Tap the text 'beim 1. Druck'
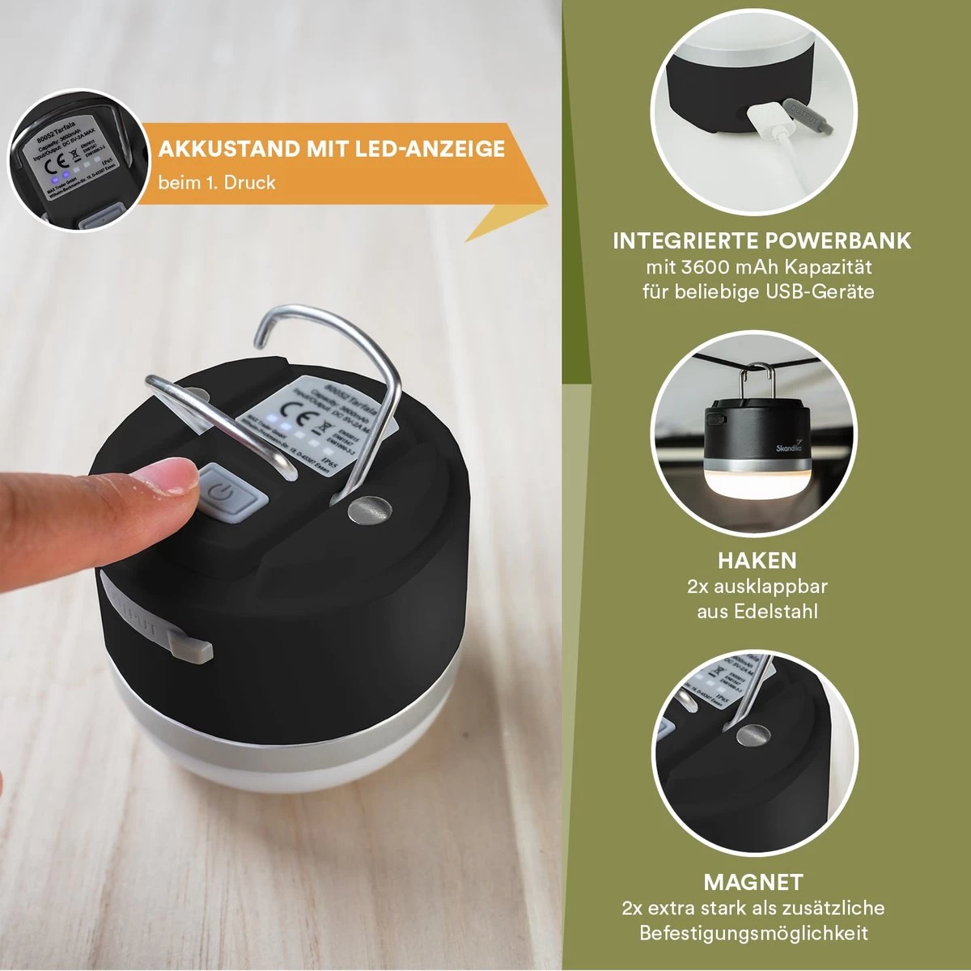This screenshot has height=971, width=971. pyautogui.click(x=216, y=183)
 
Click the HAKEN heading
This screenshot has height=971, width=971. pyautogui.click(x=757, y=560)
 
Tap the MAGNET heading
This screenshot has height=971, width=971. pyautogui.click(x=753, y=882)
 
